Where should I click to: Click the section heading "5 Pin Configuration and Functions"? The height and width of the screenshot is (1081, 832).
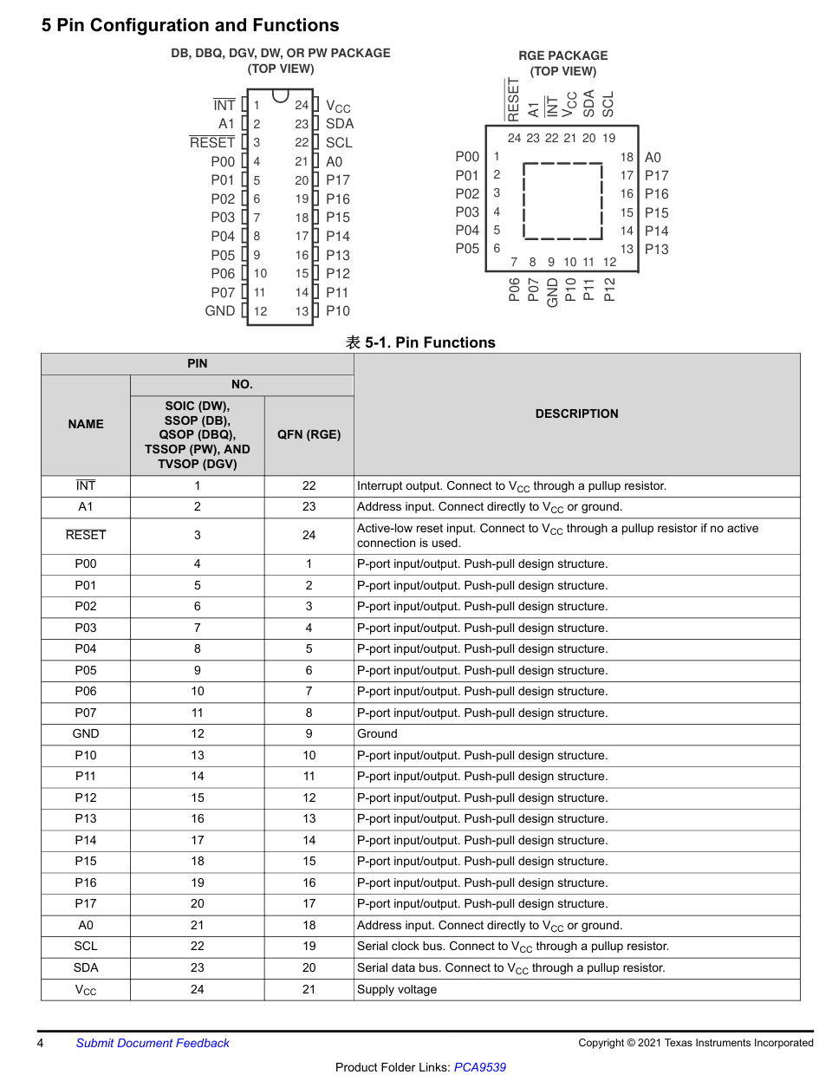[x=190, y=25]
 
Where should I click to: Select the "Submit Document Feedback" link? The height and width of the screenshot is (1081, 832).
[x=153, y=1043]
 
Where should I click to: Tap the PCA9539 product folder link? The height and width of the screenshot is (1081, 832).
[x=479, y=1067]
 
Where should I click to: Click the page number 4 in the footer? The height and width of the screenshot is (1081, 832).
[x=40, y=1043]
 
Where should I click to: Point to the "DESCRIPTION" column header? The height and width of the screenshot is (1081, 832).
[x=576, y=414]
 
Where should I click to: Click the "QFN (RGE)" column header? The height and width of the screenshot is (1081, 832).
[x=309, y=434]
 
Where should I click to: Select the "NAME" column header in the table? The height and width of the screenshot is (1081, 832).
[x=86, y=424]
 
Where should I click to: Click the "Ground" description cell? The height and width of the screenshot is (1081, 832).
[x=377, y=733]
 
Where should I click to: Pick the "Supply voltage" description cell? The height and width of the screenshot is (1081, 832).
[x=397, y=989]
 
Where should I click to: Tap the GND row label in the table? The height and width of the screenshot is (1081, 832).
[x=86, y=733]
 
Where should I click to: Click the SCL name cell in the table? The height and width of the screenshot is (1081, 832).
[x=86, y=946]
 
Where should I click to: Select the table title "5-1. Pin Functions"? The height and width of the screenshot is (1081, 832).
[x=421, y=342]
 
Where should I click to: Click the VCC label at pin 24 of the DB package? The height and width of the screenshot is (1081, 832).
[x=338, y=106]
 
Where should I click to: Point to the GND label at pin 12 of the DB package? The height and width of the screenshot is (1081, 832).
[x=219, y=310]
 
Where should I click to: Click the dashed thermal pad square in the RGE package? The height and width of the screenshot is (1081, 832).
[x=562, y=200]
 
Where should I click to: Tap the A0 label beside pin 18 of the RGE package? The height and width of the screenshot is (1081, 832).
[x=653, y=157]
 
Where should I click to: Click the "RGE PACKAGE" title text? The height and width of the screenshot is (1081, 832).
[x=562, y=55]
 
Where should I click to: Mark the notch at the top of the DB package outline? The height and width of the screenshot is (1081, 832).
[x=280, y=94]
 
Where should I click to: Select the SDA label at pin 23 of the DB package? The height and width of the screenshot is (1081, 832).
[x=339, y=124]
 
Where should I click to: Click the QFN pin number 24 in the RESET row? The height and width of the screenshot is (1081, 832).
[x=309, y=535]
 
